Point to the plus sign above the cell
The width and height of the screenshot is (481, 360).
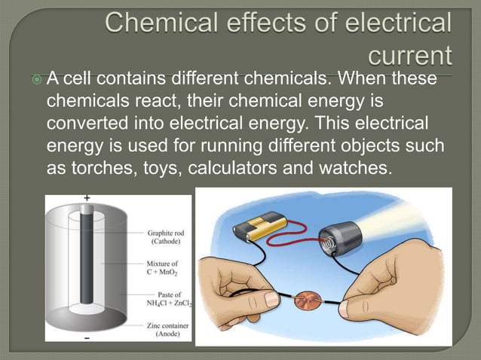[x=87, y=197]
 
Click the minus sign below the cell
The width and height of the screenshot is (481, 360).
[x=88, y=339]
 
